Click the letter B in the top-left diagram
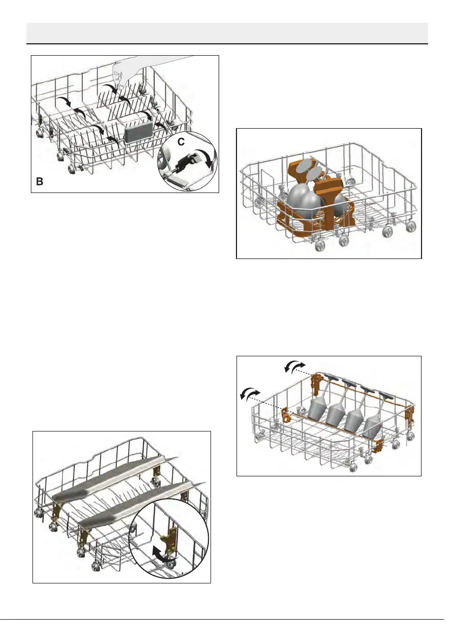[40, 183]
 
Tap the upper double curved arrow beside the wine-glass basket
[294, 367]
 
